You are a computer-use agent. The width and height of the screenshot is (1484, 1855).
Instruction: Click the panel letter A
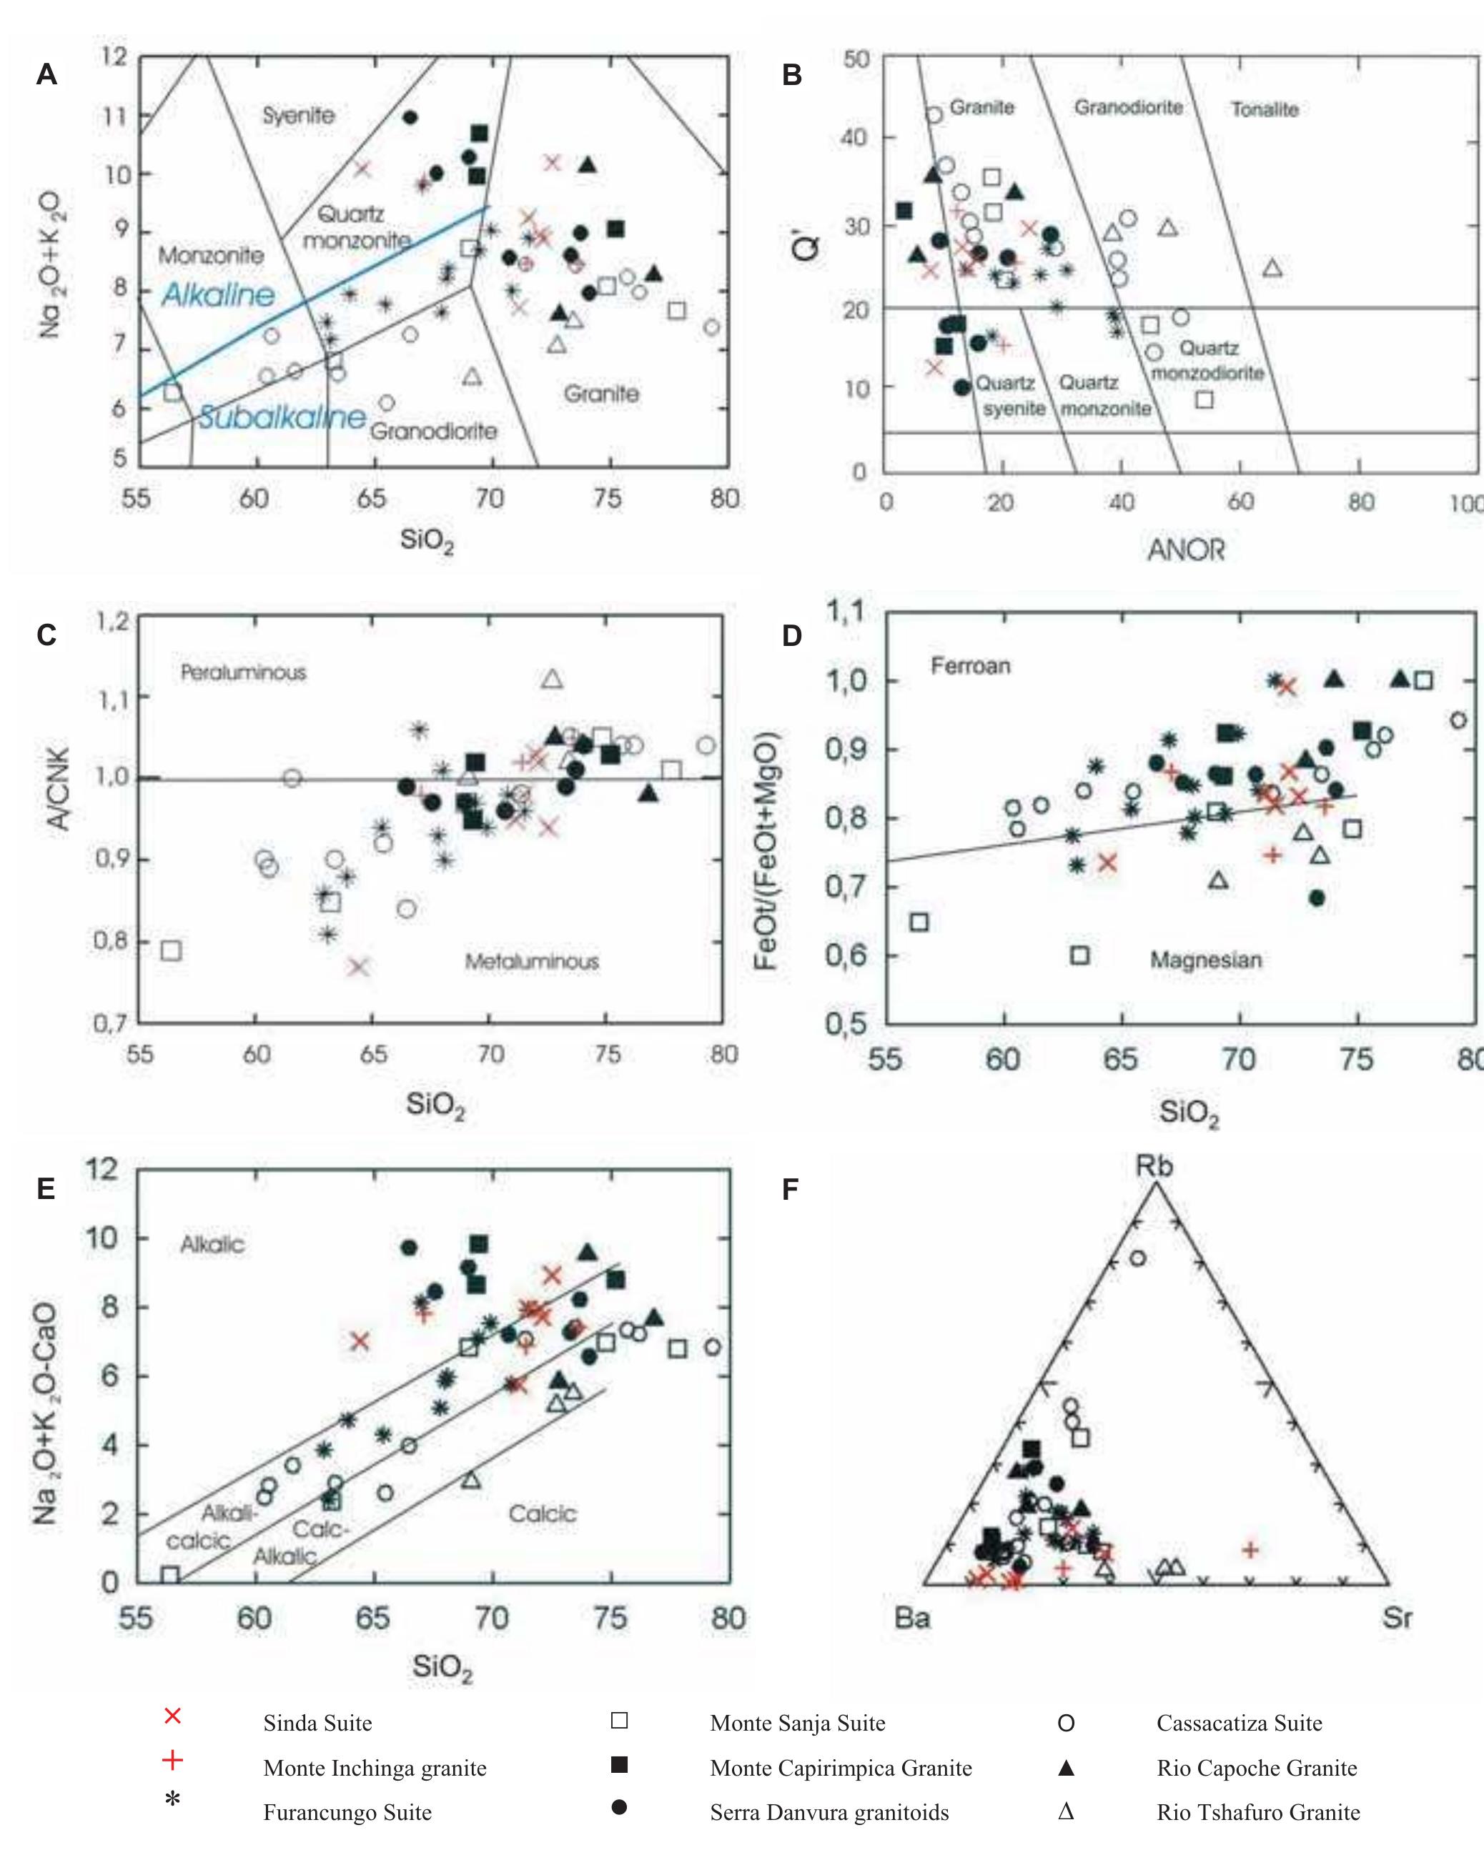[46, 75]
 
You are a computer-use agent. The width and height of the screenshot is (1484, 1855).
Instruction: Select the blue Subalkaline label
[282, 417]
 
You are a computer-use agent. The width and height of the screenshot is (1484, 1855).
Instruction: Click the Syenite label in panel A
[298, 115]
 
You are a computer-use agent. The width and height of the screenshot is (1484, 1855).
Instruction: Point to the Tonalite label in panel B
[1264, 109]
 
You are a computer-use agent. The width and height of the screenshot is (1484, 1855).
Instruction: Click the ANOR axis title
[1185, 549]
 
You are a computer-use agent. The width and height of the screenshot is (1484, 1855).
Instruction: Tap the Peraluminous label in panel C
[243, 672]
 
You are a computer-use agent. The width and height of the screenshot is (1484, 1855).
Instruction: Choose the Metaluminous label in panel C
[531, 961]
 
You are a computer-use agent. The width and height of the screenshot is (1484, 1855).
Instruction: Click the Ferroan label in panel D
[970, 665]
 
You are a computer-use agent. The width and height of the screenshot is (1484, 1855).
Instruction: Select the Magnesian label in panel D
[1206, 960]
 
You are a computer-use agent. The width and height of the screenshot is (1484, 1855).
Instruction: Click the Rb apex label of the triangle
[1154, 1166]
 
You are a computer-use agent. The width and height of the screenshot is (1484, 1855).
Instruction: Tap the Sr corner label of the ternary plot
[1396, 1618]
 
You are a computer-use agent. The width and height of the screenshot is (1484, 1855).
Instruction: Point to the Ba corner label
[912, 1618]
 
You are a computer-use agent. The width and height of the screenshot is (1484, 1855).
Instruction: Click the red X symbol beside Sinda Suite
[172, 1716]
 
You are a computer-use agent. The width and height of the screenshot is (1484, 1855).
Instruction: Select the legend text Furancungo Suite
[347, 1812]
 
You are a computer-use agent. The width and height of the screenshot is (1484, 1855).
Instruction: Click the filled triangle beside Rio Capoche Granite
[1066, 1767]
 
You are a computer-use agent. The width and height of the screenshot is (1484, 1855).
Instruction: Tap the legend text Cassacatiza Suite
[1239, 1723]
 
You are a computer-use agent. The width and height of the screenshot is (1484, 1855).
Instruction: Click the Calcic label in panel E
[543, 1513]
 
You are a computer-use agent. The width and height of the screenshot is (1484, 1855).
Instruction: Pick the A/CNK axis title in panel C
[58, 788]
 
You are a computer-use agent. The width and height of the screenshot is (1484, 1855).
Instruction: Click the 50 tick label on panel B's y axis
[856, 59]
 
